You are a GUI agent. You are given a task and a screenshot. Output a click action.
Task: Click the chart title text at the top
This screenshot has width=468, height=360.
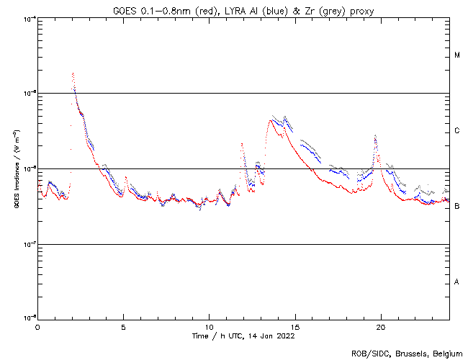pos(243,10)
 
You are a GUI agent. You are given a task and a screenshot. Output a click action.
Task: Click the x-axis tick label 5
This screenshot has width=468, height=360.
pos(123,327)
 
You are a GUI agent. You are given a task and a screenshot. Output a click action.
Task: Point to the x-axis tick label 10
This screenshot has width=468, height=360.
pos(209,327)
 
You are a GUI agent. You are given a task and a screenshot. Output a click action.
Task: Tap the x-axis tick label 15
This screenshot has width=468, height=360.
pos(294,327)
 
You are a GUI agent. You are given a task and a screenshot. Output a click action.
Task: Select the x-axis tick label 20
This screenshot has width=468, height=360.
pos(380,327)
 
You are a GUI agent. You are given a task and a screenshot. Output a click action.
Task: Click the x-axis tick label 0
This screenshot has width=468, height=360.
pos(37,327)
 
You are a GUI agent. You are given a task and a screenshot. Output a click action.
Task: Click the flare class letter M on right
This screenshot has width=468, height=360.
pos(457,55)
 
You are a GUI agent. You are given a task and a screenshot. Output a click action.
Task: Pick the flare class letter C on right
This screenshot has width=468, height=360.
pos(457,131)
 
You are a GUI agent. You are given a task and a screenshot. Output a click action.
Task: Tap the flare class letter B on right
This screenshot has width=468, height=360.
pos(457,207)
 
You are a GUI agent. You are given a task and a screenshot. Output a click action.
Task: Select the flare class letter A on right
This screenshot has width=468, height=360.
pos(457,282)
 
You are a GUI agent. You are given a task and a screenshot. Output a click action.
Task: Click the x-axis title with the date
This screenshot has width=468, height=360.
pos(243,336)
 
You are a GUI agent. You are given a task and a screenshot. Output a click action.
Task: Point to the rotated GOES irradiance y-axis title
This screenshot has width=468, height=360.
pos(15,169)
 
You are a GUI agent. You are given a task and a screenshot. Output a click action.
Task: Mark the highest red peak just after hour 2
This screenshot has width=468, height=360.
pos(73,73)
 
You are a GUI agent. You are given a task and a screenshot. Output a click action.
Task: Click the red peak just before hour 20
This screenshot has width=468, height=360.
pos(375,136)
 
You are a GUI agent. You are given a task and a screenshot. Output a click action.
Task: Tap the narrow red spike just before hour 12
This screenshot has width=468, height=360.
pos(242,144)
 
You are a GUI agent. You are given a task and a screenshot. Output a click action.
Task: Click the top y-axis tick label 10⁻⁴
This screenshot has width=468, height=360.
pos(29,18)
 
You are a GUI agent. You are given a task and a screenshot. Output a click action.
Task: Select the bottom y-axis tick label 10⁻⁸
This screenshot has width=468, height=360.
pos(29,318)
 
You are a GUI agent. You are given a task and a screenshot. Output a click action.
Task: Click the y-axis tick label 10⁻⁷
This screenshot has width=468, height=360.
pos(29,243)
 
